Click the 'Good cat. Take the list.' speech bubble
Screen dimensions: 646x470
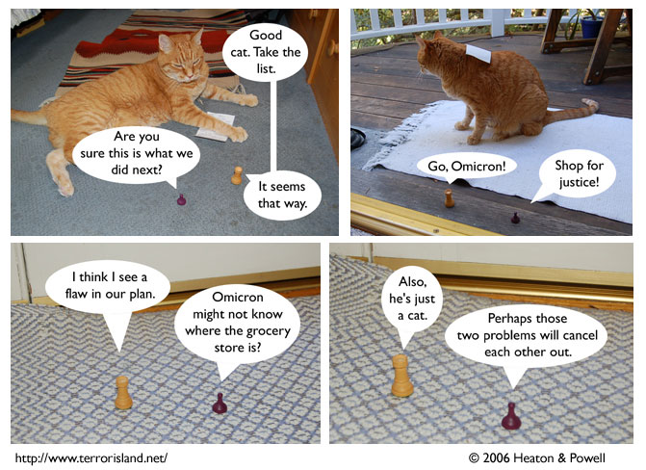(266, 52)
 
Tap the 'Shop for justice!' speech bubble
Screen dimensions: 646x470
(578, 173)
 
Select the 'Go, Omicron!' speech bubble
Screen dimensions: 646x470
(466, 167)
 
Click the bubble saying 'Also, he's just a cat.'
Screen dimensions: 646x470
(412, 299)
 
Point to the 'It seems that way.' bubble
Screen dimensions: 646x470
(282, 195)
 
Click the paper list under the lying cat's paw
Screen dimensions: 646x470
(215, 126)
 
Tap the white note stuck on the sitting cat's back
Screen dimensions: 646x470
(478, 53)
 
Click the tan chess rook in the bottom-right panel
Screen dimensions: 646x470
(402, 376)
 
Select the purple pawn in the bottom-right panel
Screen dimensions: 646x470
(511, 416)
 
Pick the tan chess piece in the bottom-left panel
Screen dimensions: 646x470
(123, 393)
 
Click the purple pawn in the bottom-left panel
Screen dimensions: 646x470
(220, 404)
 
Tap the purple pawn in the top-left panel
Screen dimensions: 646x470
(181, 200)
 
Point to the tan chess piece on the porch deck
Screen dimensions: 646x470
(449, 198)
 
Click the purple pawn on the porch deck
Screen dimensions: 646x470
(515, 218)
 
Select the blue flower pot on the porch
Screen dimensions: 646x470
(591, 26)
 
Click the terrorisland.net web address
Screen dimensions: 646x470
(91, 457)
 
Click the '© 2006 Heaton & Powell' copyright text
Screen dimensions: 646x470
(537, 457)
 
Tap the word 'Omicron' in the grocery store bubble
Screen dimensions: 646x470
(237, 297)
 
